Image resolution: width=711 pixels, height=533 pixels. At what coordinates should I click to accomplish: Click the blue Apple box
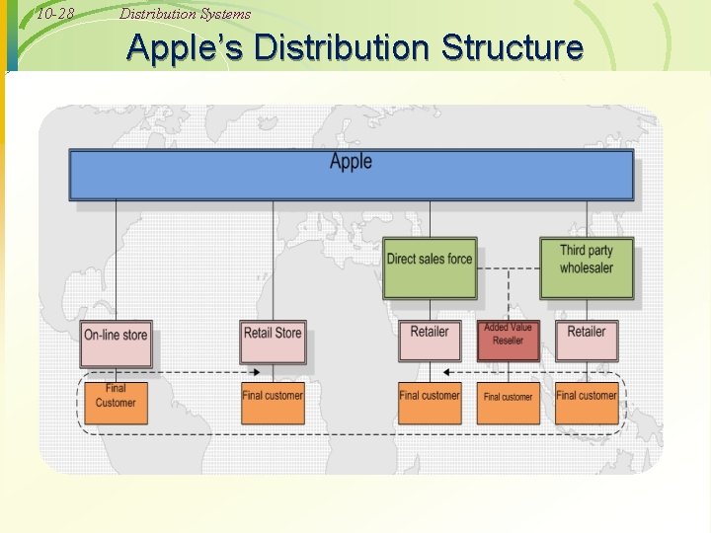coord(351,175)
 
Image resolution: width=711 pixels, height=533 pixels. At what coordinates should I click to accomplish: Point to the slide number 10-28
coord(54,14)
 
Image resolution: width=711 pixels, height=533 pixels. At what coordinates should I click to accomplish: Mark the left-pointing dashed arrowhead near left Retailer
coord(447,373)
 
